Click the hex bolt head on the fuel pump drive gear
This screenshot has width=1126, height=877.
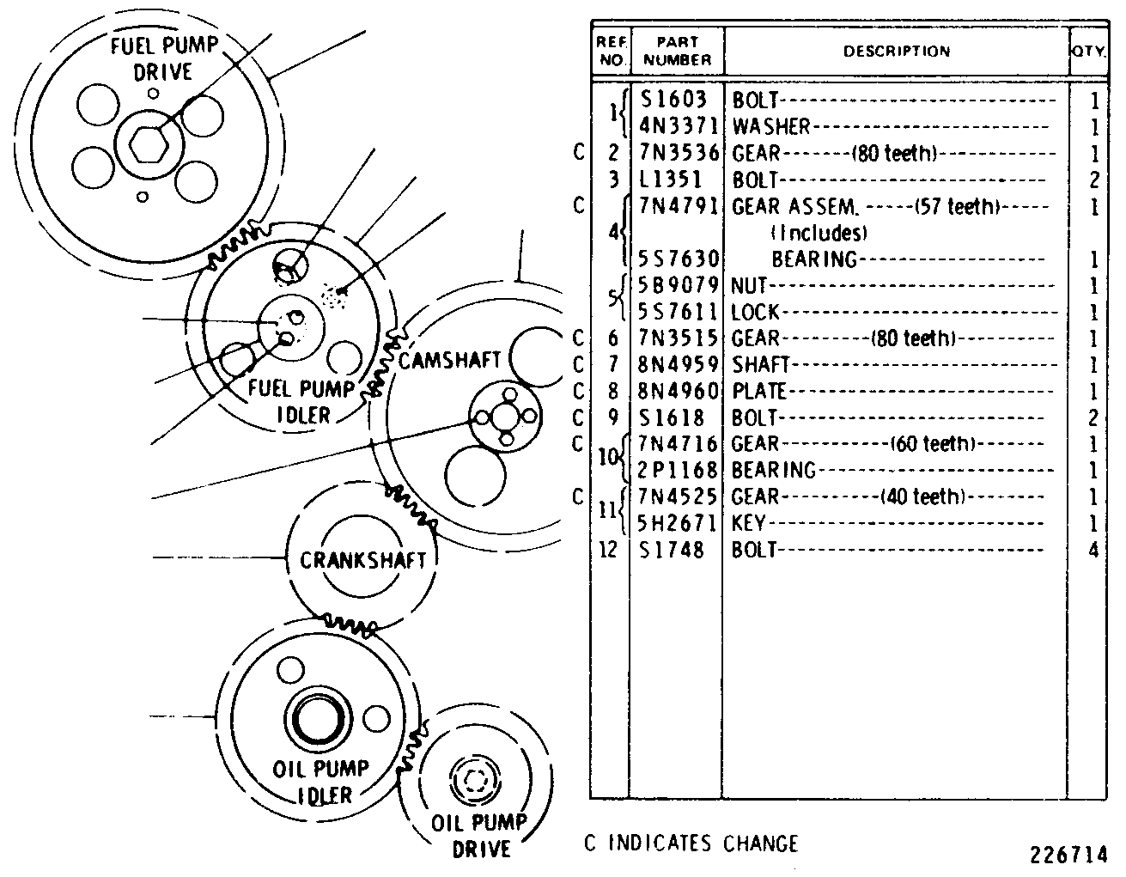click(x=149, y=145)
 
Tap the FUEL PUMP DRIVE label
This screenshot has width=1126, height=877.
click(x=164, y=58)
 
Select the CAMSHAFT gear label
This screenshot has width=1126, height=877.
click(x=449, y=361)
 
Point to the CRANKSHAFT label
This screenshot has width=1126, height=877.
click(x=362, y=560)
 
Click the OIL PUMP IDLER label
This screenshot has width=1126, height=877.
click(x=321, y=782)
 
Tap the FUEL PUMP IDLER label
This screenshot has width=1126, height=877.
click(x=301, y=401)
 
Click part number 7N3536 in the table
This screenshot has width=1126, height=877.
click(x=679, y=153)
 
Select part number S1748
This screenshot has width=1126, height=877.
click(x=672, y=550)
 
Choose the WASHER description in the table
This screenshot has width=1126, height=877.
click(x=771, y=126)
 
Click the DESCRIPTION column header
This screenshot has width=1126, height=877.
click(x=897, y=52)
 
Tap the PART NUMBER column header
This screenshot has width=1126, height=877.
click(x=678, y=51)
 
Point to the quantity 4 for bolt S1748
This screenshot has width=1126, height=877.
click(x=1093, y=550)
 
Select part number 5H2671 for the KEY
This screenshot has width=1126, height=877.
click(x=676, y=523)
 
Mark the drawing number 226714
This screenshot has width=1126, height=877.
click(x=1068, y=855)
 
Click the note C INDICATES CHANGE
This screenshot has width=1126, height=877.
click(x=691, y=844)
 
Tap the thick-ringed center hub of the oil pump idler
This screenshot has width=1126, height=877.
click(x=318, y=719)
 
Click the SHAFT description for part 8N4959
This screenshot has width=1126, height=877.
click(x=760, y=365)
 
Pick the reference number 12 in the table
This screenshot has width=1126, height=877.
click(x=608, y=550)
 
